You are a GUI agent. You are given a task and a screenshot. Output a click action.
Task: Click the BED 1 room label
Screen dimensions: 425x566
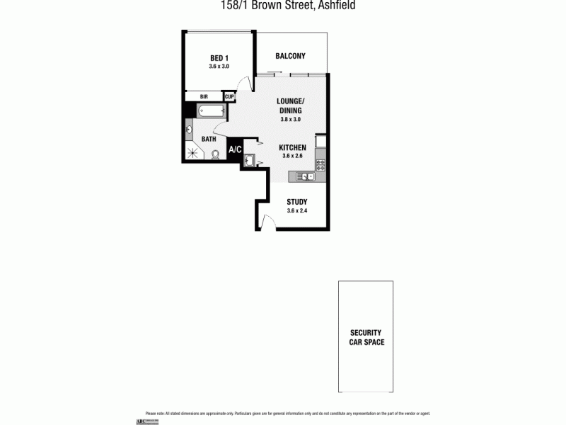tap(219, 58)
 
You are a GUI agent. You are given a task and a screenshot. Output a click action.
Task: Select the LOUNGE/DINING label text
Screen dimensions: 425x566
tap(290, 106)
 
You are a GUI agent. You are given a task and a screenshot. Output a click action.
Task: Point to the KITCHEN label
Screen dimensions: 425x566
tap(292, 147)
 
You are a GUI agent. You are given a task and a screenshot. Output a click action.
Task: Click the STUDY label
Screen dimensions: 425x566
tap(296, 202)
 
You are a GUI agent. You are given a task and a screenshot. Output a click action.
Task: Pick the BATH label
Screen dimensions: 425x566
tap(209, 139)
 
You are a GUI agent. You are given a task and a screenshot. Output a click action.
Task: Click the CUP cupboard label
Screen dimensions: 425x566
tap(229, 96)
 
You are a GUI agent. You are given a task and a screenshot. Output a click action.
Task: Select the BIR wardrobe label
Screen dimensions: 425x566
tap(204, 96)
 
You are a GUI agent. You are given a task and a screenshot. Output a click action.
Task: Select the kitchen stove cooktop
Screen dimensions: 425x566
tap(320, 165)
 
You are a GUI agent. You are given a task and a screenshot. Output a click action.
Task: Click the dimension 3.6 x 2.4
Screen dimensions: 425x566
tap(296, 210)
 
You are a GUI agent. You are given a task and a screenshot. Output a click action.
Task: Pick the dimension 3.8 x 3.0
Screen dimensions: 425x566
tap(290, 120)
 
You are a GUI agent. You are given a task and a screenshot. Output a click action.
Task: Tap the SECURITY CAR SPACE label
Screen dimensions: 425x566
tap(366, 337)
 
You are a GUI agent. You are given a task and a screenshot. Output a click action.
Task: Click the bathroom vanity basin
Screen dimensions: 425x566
tap(190, 130)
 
